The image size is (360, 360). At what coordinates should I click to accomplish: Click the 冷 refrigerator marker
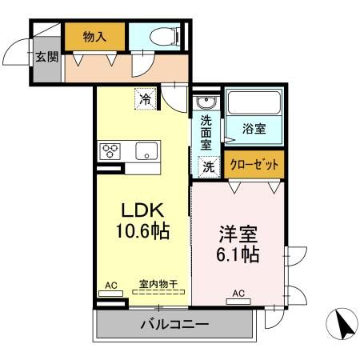tap(145, 99)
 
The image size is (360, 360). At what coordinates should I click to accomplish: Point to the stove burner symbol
tap(110, 150)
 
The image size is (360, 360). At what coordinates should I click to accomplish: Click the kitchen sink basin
tap(147, 151)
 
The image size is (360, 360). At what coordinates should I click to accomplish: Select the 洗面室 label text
tap(206, 132)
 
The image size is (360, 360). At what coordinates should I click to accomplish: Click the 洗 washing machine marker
tap(208, 167)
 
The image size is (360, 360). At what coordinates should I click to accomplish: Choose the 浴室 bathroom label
tap(255, 127)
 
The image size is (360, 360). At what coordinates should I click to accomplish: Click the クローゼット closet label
tap(254, 165)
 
